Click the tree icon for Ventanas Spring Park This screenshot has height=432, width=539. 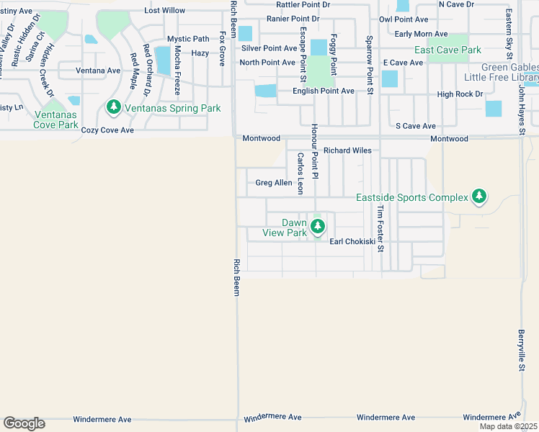113,108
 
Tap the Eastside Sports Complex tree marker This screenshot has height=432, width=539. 478,197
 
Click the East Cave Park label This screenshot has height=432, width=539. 447,50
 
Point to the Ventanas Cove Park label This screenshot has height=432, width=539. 55,120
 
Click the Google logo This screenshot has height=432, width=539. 24,423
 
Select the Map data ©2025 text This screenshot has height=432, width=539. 508,426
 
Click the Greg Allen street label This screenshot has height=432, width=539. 274,183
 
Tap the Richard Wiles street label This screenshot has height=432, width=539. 347,150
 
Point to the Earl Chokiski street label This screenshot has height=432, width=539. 352,241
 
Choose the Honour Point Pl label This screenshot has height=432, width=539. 314,151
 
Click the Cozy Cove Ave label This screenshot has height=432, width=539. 107,130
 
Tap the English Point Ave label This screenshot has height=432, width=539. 323,91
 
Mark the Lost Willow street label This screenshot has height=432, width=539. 164,11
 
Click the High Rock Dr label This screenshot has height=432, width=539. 460,94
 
